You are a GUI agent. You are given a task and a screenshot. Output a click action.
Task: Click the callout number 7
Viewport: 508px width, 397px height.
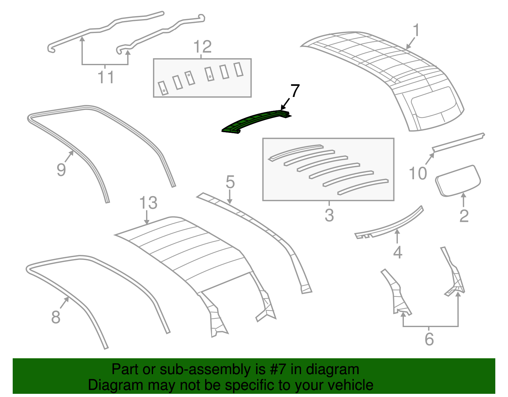295,91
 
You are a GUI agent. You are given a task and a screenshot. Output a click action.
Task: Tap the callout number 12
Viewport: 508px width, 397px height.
203,47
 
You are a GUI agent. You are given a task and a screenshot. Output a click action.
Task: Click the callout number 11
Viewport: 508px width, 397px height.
106,77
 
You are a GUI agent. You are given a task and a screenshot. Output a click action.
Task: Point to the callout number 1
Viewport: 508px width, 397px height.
416,30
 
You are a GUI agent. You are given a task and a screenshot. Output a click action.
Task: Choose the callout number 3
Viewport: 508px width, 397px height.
329,215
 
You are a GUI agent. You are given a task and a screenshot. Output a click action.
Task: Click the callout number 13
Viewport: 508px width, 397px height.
149,202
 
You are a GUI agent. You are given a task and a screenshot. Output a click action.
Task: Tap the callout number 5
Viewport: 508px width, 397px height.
230,182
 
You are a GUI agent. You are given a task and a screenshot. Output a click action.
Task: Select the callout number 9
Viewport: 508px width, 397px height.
61,170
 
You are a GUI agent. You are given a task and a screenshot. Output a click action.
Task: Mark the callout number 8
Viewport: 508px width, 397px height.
56,317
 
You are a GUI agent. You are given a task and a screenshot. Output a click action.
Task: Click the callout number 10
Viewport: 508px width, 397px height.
418,173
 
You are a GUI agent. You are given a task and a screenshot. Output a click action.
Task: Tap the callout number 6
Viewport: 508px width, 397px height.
429,339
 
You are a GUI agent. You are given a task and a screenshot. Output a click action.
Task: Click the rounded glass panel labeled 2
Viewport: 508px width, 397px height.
458,181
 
